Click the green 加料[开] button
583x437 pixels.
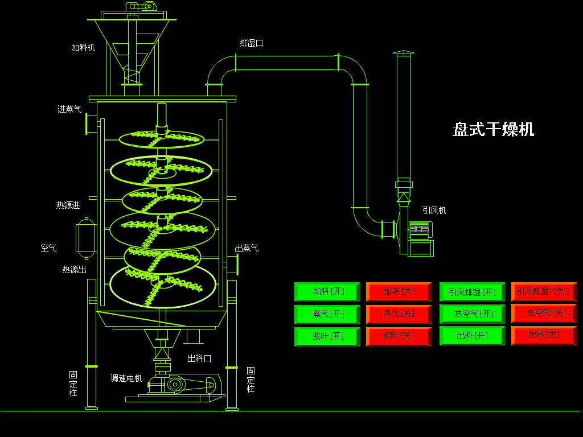coord(327,292)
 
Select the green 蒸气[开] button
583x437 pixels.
coord(327,314)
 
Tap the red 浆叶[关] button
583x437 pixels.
coord(399,336)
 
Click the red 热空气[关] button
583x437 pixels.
coord(544,314)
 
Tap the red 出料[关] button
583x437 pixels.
coord(544,335)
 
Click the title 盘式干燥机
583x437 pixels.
coord(493,129)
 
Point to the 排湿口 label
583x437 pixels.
coord(251,43)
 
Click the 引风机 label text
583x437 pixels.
coord(434,211)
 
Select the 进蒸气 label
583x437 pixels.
coord(69,109)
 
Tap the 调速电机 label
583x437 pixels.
coord(126,378)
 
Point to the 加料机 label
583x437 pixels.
coord(83,48)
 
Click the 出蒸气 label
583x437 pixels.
coord(247,248)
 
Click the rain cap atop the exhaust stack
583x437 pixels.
coord(404,53)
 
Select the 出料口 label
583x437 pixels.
coord(199,358)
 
